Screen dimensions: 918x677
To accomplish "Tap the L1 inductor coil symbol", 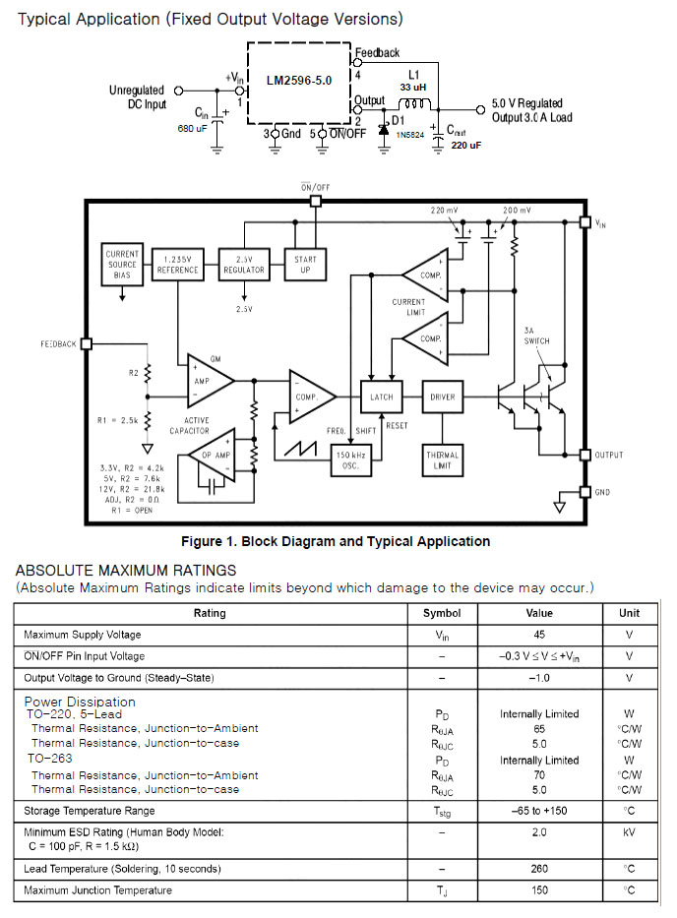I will click(x=417, y=104).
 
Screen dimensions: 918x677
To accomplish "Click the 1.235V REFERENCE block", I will click(x=177, y=264).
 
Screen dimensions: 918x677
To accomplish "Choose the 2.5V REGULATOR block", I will click(x=243, y=264).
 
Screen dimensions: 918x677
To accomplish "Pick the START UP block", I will click(x=305, y=264).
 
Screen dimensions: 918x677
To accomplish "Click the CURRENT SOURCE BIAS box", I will click(x=123, y=264).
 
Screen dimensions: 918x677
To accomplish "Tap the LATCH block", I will click(x=381, y=398).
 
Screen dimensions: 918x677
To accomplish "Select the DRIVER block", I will click(x=443, y=398).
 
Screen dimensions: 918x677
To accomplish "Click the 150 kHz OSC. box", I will click(x=351, y=459).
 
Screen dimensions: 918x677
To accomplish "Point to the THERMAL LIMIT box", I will click(x=443, y=459).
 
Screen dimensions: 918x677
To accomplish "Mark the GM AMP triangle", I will click(x=207, y=379).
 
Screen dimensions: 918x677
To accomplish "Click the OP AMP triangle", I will click(x=215, y=455).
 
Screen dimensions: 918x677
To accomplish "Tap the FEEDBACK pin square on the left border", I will click(x=86, y=344).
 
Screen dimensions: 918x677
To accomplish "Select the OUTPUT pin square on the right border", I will click(x=585, y=455).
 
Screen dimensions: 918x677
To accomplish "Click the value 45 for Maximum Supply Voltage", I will click(x=539, y=635).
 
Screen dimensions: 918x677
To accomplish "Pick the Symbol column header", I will click(x=442, y=613).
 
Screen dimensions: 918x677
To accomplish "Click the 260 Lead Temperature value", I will click(x=539, y=869).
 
